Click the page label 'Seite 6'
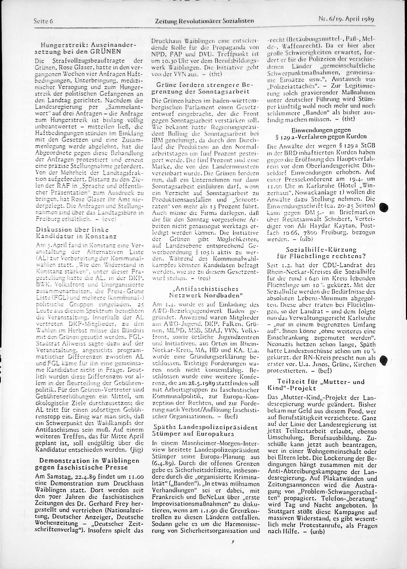(43, 21)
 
